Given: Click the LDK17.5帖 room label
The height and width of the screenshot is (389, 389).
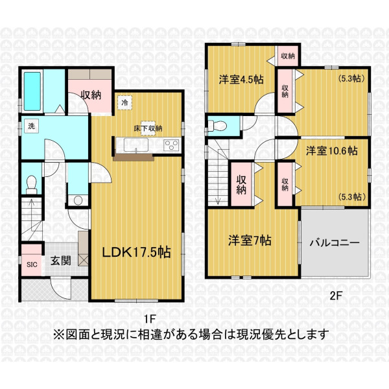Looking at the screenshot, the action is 136,252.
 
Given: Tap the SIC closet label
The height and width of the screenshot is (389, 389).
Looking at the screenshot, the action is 32,265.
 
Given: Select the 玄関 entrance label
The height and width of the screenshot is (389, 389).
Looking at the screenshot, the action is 61,261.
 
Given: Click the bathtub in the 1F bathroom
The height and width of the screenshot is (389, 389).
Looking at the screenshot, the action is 32,91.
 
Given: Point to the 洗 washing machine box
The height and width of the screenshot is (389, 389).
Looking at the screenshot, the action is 31,126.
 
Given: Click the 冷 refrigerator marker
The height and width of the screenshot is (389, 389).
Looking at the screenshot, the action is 124,102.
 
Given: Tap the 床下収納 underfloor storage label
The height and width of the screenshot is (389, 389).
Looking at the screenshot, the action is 148,128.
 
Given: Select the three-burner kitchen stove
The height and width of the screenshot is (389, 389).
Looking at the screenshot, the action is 172,145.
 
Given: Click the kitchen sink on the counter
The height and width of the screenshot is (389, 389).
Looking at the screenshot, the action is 136,145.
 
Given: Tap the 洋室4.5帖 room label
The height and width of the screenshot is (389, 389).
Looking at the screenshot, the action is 241,80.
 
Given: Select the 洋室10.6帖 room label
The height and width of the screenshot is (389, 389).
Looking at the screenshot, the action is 332,150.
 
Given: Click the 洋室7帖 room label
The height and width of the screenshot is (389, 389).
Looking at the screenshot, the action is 250,240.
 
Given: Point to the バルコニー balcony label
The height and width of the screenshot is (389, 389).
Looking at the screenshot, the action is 335,242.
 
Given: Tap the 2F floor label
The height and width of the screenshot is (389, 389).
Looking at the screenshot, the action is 336,296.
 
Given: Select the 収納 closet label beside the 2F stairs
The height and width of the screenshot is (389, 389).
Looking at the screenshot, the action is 241,185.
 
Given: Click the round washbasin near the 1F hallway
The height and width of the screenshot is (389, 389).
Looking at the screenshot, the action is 78,200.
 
